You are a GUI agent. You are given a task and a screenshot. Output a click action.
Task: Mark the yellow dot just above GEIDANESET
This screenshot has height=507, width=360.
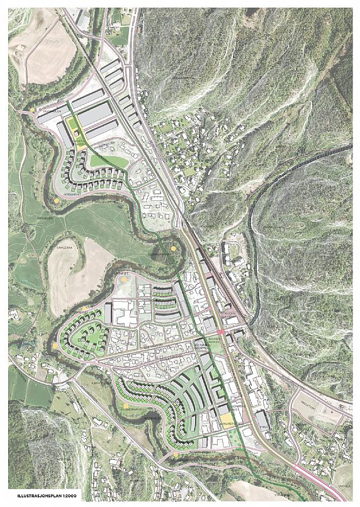point(57,200)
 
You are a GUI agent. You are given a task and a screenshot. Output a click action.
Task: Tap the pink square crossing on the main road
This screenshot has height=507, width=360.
point(221,331)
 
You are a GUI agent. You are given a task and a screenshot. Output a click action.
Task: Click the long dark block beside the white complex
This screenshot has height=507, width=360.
point(108,313)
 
